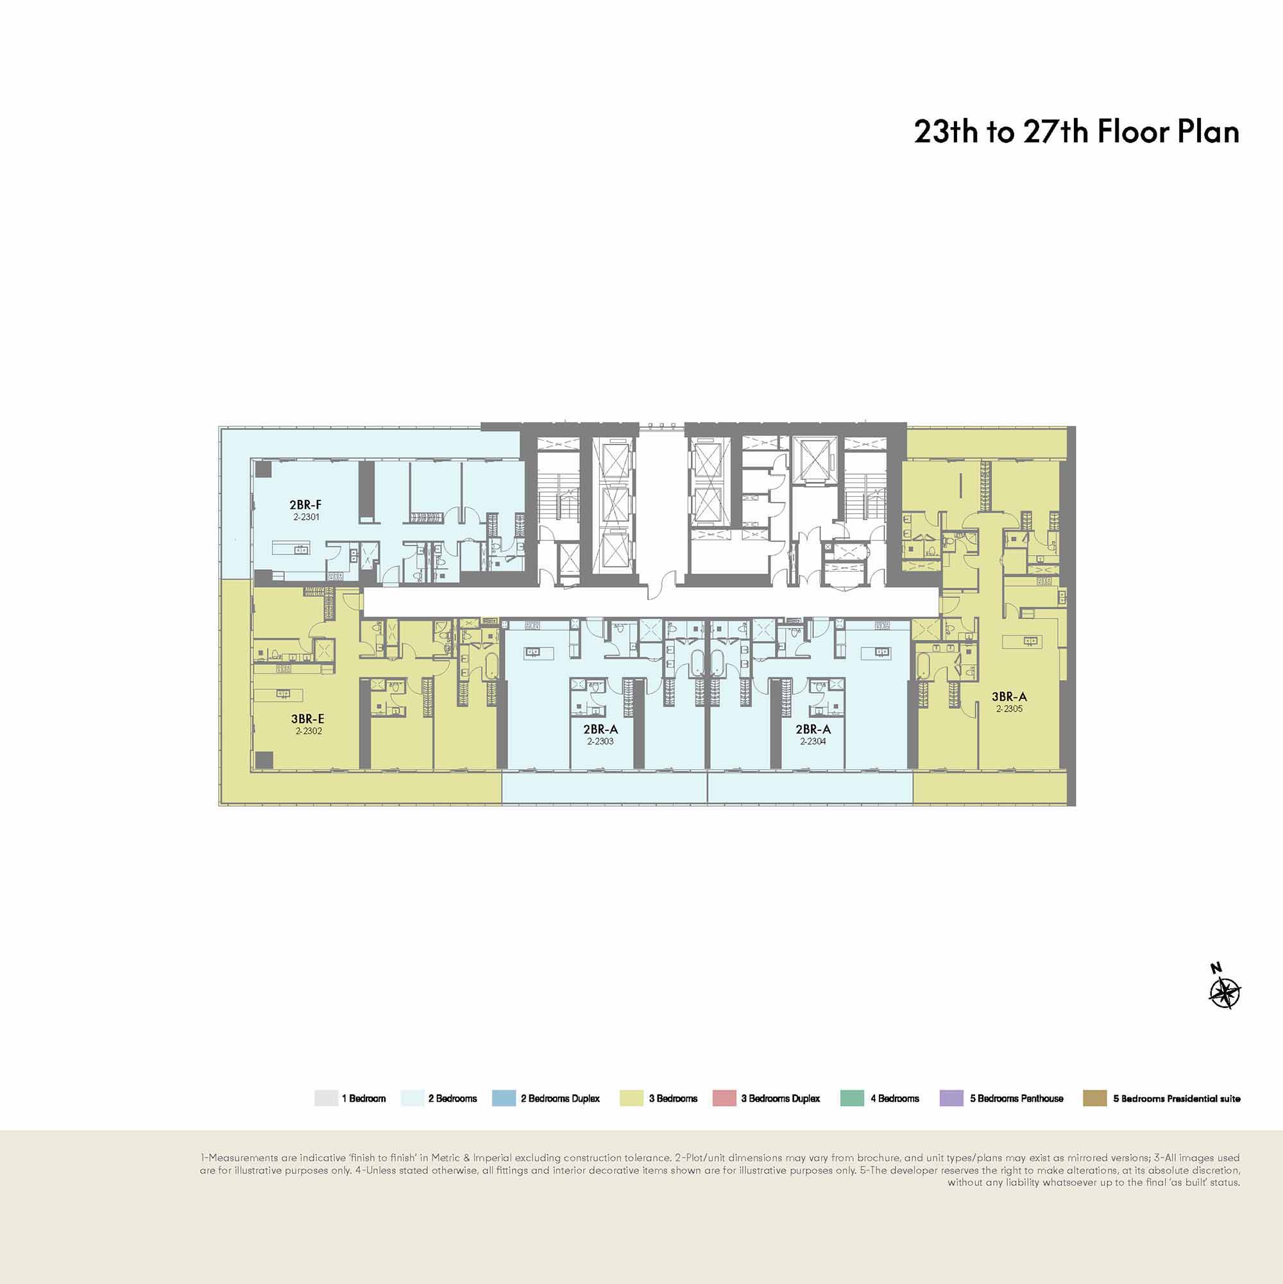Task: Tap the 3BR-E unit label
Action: pyautogui.click(x=308, y=719)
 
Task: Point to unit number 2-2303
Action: pyautogui.click(x=600, y=741)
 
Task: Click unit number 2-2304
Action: pyautogui.click(x=813, y=741)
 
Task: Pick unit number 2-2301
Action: pyautogui.click(x=305, y=517)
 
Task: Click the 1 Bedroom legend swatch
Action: pyautogui.click(x=327, y=1098)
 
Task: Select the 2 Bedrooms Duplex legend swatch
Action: pyautogui.click(x=504, y=1098)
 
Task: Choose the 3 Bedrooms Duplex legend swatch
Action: pyautogui.click(x=724, y=1098)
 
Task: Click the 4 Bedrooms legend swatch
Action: pyautogui.click(x=853, y=1098)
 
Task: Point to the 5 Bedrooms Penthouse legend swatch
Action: pyautogui.click(x=951, y=1098)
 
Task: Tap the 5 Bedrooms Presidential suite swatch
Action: pyautogui.click(x=1095, y=1098)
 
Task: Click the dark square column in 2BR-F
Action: pyautogui.click(x=264, y=469)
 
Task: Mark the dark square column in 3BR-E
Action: pyautogui.click(x=264, y=759)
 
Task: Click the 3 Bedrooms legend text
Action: pyautogui.click(x=673, y=1099)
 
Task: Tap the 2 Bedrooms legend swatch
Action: pyautogui.click(x=412, y=1098)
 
